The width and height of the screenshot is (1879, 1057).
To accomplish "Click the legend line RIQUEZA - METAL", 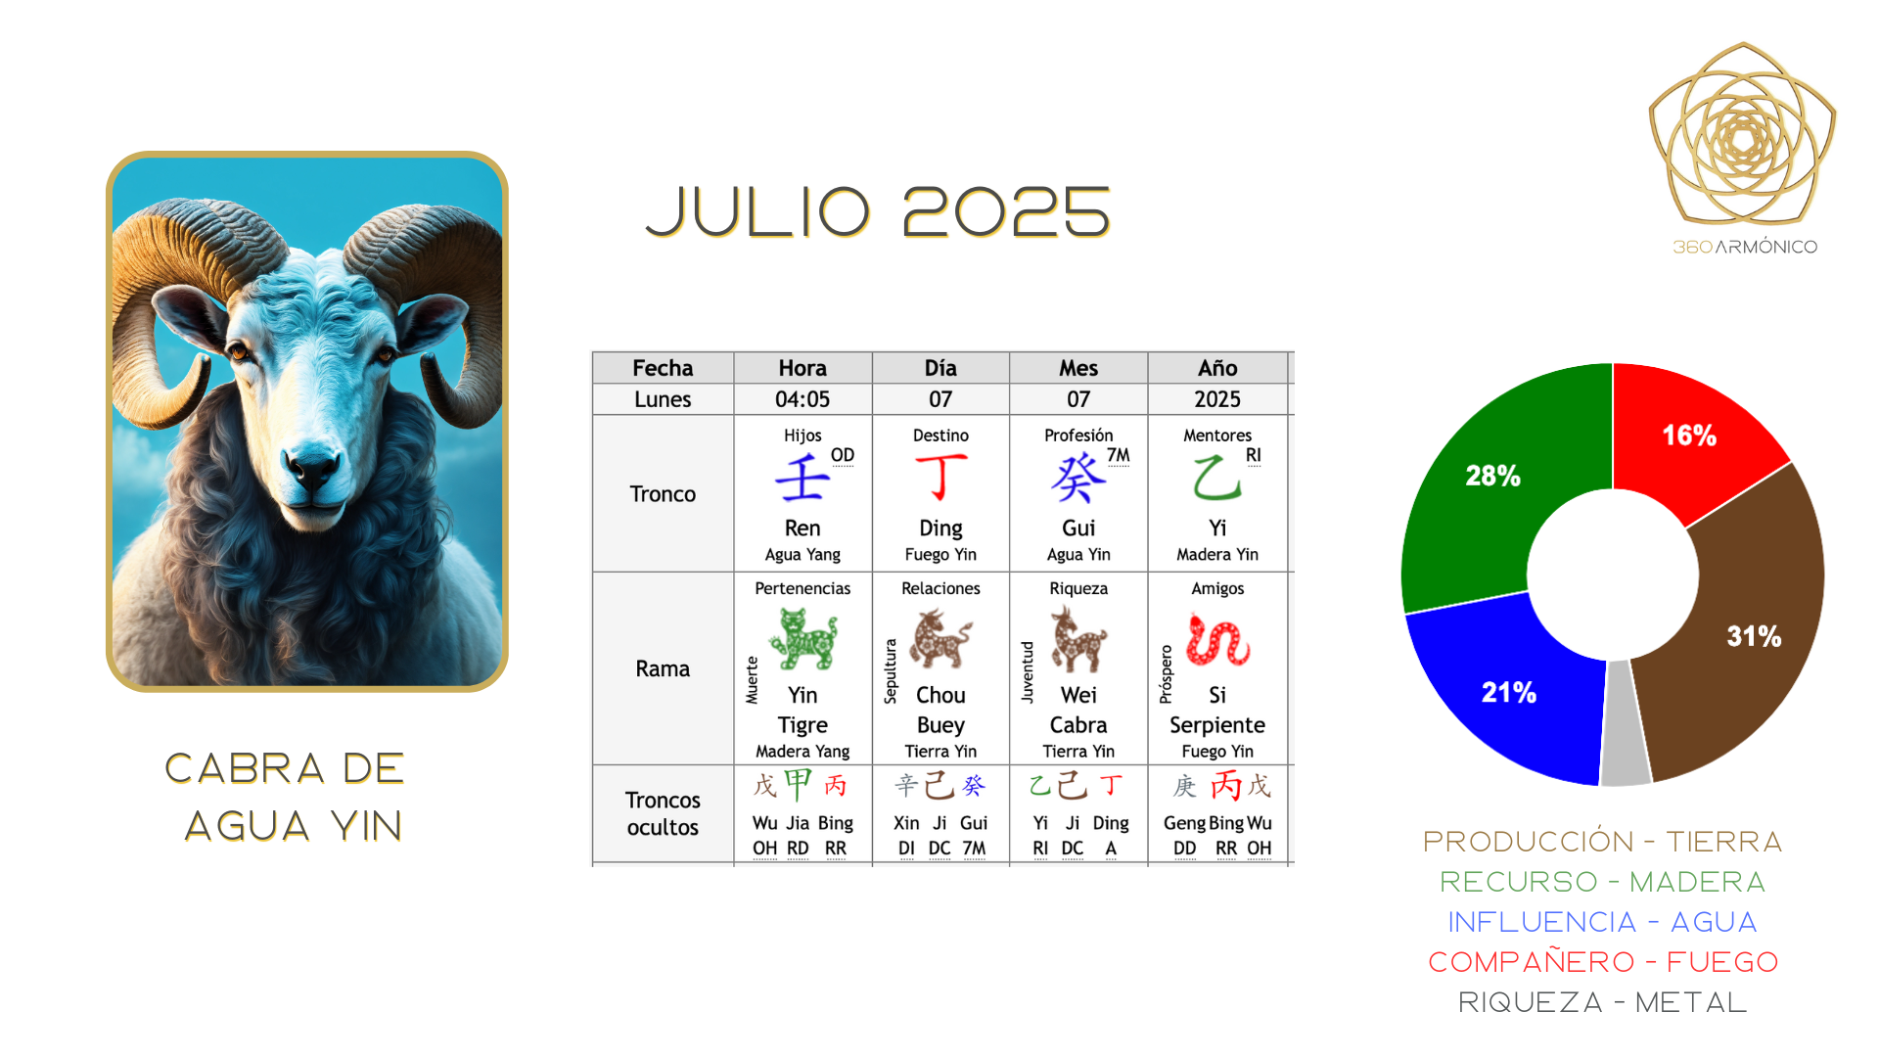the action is (1602, 1002).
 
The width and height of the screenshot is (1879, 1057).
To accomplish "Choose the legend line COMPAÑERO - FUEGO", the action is (1603, 962).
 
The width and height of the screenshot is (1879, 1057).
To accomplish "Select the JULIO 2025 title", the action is (878, 212).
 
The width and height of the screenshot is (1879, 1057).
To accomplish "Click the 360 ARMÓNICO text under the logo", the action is (1745, 247).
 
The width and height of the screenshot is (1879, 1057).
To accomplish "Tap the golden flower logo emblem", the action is (1742, 134).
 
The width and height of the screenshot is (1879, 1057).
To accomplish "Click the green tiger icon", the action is (802, 638).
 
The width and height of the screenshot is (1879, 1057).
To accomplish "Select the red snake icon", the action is (1217, 639).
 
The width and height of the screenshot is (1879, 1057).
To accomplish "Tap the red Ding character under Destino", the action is (941, 477).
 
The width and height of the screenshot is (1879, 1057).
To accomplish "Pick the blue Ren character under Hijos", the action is (802, 478).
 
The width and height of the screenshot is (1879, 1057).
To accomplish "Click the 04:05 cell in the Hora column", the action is (802, 399).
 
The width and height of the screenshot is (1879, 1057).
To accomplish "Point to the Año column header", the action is (1217, 368).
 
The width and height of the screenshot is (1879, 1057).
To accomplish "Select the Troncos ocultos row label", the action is (663, 813).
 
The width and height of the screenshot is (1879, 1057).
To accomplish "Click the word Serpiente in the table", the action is (1217, 725).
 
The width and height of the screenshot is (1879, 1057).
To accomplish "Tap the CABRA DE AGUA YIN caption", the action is (285, 797).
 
